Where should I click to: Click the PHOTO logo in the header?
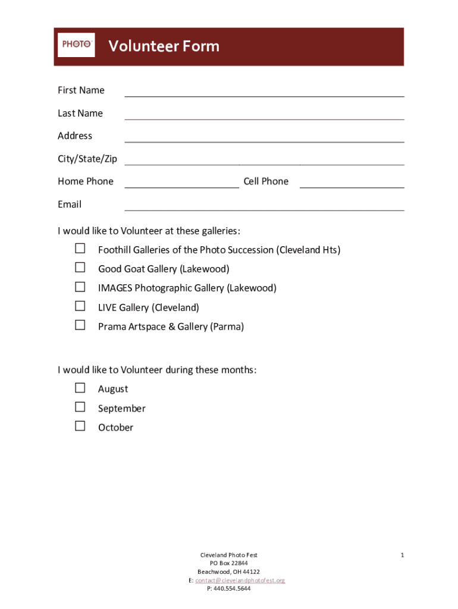coord(76,45)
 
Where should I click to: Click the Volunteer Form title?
coord(164,46)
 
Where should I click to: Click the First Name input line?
coord(263,91)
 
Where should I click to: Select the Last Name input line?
coord(263,114)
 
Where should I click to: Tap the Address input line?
coord(263,137)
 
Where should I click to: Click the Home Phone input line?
coord(181,182)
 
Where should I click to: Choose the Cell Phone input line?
coord(352,182)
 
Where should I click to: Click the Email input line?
coord(263,205)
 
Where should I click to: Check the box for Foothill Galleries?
coord(80,249)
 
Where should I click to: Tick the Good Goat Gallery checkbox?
coord(80,268)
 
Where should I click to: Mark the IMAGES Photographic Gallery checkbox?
coord(80,287)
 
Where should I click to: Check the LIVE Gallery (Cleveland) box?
coord(80,306)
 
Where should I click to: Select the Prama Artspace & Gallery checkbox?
coord(80,325)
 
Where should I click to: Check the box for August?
coord(80,388)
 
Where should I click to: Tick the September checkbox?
coord(80,407)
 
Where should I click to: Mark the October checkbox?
coord(80,426)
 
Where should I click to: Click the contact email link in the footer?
coord(240,580)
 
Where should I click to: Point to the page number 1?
coord(403,555)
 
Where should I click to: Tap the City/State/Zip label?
coord(87,159)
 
